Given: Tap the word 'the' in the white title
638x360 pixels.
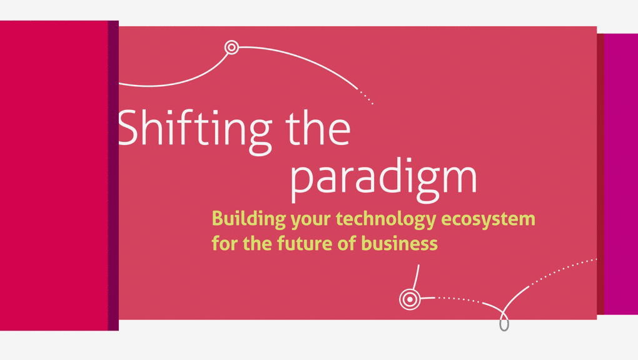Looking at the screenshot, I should click(x=318, y=128).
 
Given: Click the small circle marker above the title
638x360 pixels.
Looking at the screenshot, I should click(x=231, y=47).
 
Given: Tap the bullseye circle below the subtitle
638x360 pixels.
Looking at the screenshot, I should click(x=410, y=299).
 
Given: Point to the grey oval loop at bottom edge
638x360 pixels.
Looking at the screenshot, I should click(x=504, y=324).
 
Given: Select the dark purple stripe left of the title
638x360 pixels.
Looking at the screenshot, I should click(x=113, y=175).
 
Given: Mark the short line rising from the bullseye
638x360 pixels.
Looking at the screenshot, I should click(x=416, y=277).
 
